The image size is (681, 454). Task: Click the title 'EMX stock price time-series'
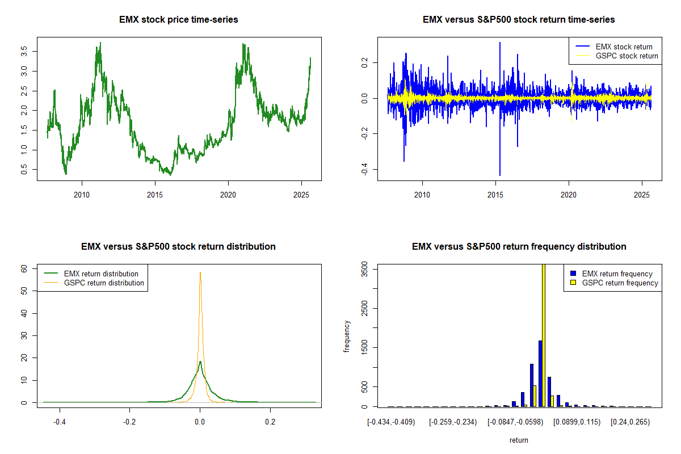179,20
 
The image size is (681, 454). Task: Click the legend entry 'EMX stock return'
624,47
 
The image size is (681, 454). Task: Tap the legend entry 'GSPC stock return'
627,56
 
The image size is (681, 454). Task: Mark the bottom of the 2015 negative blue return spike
500,175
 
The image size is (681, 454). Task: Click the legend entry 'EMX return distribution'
101,274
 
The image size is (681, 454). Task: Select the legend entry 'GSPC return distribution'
104,283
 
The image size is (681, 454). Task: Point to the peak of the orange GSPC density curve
200,272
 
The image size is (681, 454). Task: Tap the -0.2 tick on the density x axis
129,422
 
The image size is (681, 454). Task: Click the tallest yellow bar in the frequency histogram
544,335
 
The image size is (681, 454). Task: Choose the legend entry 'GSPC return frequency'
620,283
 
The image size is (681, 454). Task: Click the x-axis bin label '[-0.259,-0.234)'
452,422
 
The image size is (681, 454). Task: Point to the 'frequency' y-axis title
347,336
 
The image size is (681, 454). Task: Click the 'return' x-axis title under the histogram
519,440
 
